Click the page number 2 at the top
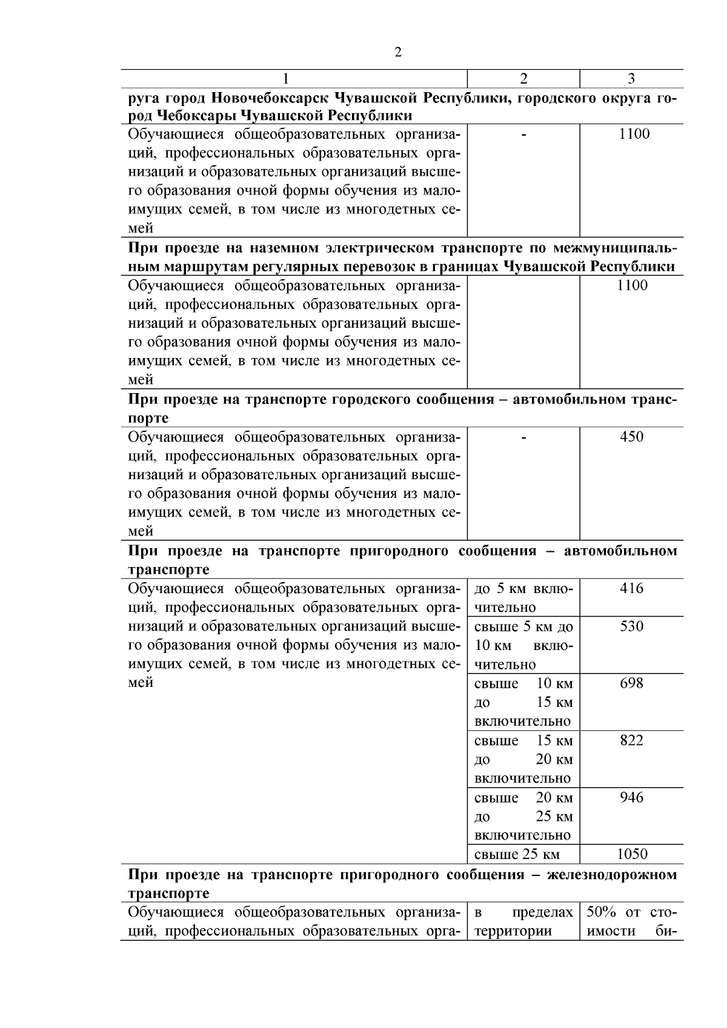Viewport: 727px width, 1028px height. [x=398, y=53]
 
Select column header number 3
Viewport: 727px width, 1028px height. [x=631, y=79]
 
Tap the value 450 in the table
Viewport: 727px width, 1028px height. [x=631, y=437]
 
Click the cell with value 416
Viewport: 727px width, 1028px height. [x=631, y=588]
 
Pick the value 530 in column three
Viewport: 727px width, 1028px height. [x=631, y=626]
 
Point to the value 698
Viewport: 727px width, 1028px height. [x=631, y=683]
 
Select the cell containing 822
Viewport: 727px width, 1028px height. [x=631, y=740]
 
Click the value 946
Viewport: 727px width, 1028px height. [x=631, y=797]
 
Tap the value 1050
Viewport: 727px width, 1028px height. [x=631, y=854]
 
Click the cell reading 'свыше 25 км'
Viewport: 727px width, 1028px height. [x=517, y=855]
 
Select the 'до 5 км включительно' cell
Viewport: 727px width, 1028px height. [x=523, y=597]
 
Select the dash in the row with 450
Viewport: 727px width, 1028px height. [x=523, y=437]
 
